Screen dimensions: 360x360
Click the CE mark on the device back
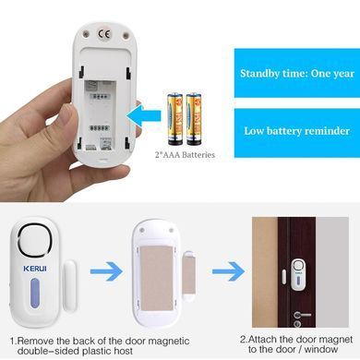point(103,34)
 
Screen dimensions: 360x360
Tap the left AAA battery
point(174,119)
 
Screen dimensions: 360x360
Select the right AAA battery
point(194,119)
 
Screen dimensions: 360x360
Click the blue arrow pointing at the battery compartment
point(144,116)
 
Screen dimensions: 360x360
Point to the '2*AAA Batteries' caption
point(185,154)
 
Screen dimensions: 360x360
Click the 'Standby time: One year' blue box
point(297,73)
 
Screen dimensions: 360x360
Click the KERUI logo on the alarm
point(35,269)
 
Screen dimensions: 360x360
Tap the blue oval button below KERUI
point(35,294)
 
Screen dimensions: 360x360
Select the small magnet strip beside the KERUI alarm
point(70,285)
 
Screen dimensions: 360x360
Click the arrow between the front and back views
point(106,271)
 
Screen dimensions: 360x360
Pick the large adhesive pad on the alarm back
point(156,279)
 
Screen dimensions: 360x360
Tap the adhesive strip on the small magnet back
point(188,275)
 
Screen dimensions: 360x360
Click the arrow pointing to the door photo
point(229,271)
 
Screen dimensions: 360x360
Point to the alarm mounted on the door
point(298,274)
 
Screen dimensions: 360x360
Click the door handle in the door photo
point(301,315)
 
